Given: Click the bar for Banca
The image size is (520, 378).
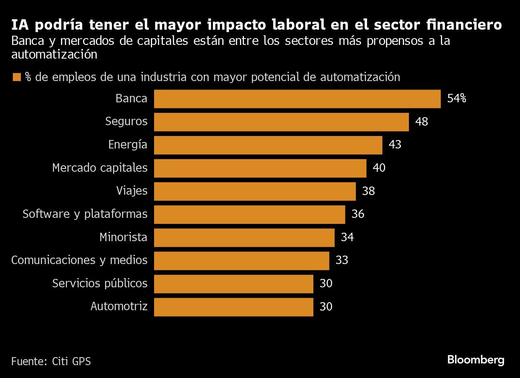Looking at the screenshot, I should click(x=297, y=99).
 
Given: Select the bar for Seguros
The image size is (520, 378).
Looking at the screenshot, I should click(x=281, y=122).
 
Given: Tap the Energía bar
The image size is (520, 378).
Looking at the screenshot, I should click(x=268, y=145).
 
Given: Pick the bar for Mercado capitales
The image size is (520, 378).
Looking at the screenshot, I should click(x=260, y=168).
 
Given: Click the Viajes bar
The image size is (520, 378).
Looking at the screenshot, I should click(x=255, y=191).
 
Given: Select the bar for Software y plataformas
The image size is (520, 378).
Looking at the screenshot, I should click(x=250, y=214).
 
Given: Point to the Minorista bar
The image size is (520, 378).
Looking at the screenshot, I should click(x=244, y=238).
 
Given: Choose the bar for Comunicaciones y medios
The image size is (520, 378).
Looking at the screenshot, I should click(x=242, y=260).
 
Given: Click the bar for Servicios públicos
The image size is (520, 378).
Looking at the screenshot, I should click(x=234, y=284).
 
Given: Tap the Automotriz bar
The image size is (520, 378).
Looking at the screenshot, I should click(x=234, y=307).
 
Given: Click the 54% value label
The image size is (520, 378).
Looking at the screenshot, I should click(x=457, y=99).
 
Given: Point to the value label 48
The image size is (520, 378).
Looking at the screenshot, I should click(x=422, y=122).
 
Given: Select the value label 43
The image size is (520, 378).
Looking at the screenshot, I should click(x=395, y=145).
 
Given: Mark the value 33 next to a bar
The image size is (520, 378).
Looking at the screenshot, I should click(x=342, y=260).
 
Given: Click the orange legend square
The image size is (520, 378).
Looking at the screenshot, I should click(x=16, y=77).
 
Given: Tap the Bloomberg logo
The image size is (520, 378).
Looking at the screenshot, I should click(x=475, y=360).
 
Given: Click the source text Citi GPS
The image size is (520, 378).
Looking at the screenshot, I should click(x=71, y=361).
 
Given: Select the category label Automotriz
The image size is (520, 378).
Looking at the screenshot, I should click(x=119, y=307).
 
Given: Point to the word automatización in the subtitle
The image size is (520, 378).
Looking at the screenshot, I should click(x=54, y=55).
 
